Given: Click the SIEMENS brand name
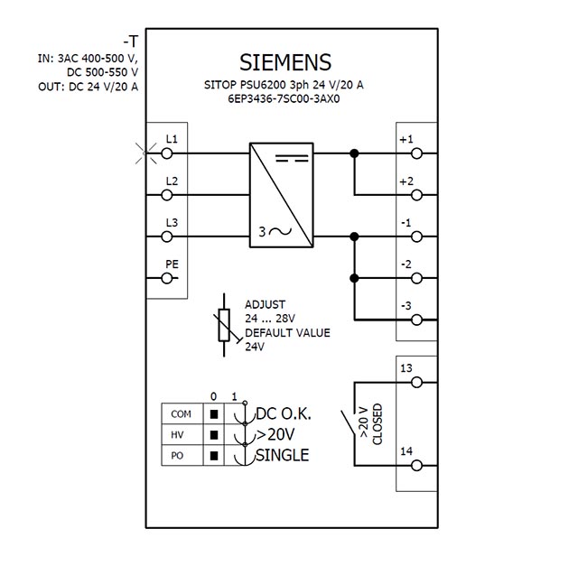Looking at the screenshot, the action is [x=285, y=62].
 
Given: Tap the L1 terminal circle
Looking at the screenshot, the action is [x=167, y=153].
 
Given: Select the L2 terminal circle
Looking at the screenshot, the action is [x=167, y=195].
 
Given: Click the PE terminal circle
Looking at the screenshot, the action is [x=167, y=278].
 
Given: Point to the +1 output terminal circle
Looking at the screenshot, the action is [x=416, y=153].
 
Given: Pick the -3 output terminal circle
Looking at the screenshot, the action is [x=416, y=320].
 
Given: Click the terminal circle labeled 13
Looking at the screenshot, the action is [x=416, y=383].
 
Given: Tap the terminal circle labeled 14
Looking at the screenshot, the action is [x=416, y=466].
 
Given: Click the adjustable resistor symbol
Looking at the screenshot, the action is [x=224, y=325].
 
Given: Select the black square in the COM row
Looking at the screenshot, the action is [x=214, y=414].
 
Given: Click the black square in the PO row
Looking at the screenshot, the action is [x=214, y=456].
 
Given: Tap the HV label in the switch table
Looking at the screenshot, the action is [x=177, y=435].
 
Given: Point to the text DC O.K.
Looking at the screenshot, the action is [x=283, y=413].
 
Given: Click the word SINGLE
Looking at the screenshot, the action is [x=283, y=455].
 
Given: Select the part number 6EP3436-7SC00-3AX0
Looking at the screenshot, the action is [x=284, y=98].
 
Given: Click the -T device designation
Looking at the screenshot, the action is [x=130, y=42].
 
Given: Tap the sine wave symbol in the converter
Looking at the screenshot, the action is [x=280, y=231].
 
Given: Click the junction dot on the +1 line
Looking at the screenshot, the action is [x=354, y=153].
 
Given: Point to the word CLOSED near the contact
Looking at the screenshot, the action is [x=378, y=424].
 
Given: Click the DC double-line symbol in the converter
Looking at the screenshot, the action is [x=292, y=159].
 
